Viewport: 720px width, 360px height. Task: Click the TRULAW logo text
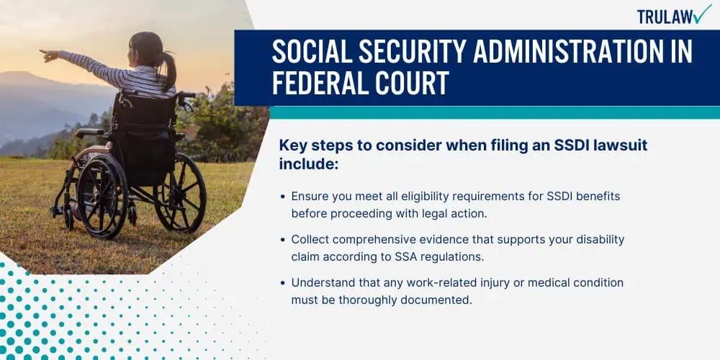(x=665, y=17)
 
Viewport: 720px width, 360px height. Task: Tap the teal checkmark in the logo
(x=702, y=14)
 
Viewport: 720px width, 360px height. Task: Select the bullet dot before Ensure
(x=283, y=197)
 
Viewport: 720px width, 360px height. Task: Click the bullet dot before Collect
(x=283, y=240)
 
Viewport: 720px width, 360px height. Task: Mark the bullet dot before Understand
(x=283, y=282)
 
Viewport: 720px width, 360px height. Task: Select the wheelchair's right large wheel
(x=180, y=192)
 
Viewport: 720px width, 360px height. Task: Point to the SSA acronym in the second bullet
(x=405, y=257)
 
